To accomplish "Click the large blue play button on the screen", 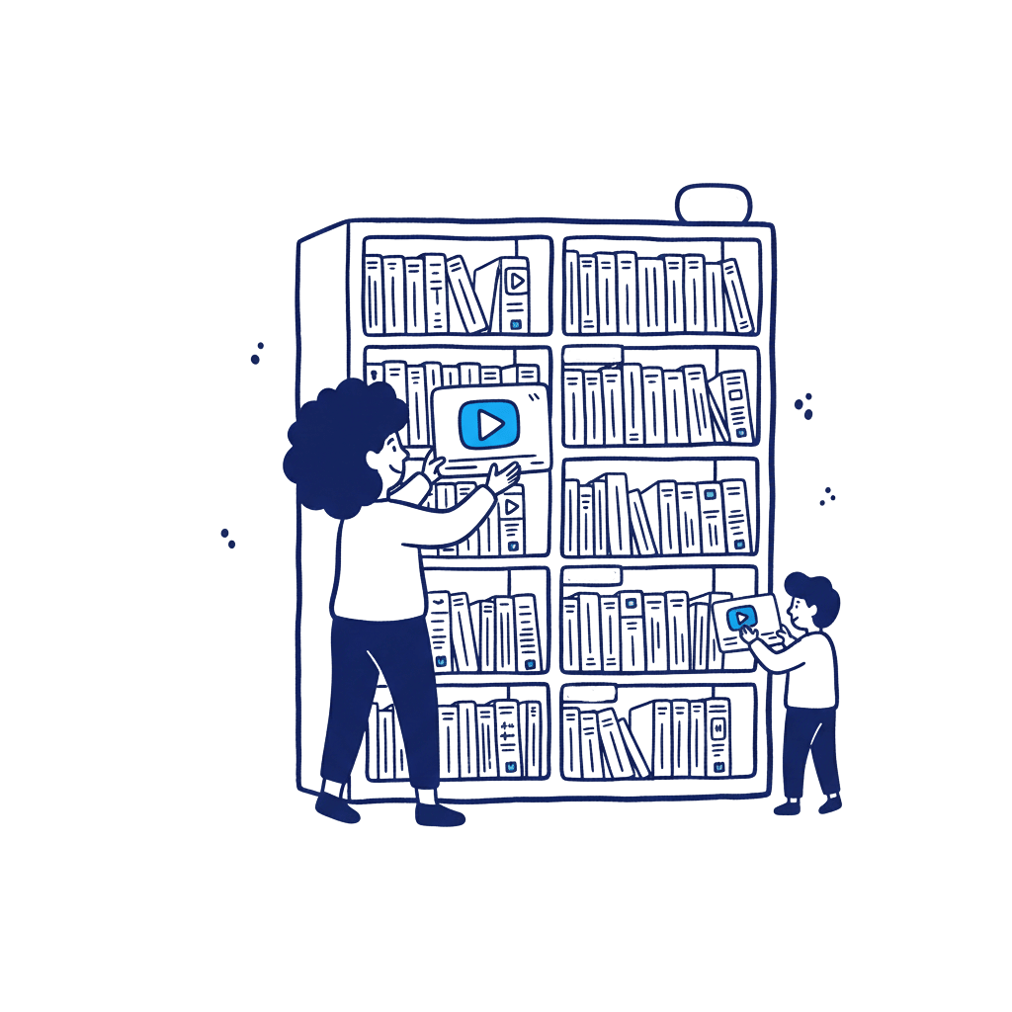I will (488, 425).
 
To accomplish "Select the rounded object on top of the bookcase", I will (714, 203).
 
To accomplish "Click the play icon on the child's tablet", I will (739, 619).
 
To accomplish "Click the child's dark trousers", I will (811, 751).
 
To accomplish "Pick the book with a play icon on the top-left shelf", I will (514, 293).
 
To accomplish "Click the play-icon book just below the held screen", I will (510, 520).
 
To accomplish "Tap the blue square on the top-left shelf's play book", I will (515, 322).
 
